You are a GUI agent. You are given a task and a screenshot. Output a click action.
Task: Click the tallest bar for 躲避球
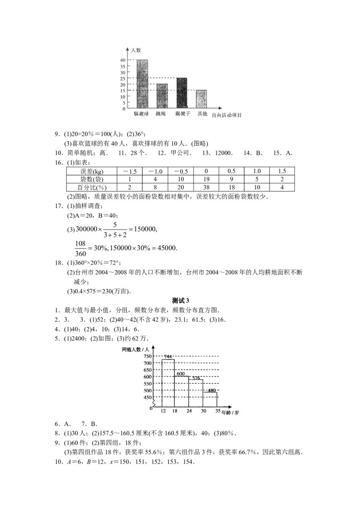[142, 84]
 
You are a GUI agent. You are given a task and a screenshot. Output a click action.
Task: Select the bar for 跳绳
[162, 96]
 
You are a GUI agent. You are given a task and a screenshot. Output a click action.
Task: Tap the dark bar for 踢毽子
[182, 93]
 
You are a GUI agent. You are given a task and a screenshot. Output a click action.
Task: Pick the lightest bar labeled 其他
[201, 99]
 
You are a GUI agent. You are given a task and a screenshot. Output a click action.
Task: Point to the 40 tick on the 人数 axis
[122, 60]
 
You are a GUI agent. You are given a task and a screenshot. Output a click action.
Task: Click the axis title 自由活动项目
[227, 115]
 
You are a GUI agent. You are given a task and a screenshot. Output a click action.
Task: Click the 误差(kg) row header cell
[92, 171]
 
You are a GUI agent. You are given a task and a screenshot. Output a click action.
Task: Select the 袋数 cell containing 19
[206, 179]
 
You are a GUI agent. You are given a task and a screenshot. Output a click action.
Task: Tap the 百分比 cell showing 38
[206, 187]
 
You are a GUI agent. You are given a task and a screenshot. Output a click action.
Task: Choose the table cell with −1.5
[130, 171]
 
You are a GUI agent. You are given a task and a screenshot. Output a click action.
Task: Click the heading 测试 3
[180, 301]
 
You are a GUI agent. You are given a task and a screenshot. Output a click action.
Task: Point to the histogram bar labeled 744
[168, 383]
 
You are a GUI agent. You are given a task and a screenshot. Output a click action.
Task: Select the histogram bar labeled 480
[210, 400]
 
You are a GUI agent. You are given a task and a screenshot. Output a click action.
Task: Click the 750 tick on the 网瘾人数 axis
[147, 356]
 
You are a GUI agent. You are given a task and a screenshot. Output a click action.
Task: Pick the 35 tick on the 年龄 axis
[218, 411]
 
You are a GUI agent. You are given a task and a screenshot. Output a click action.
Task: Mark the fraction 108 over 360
[80, 248]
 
